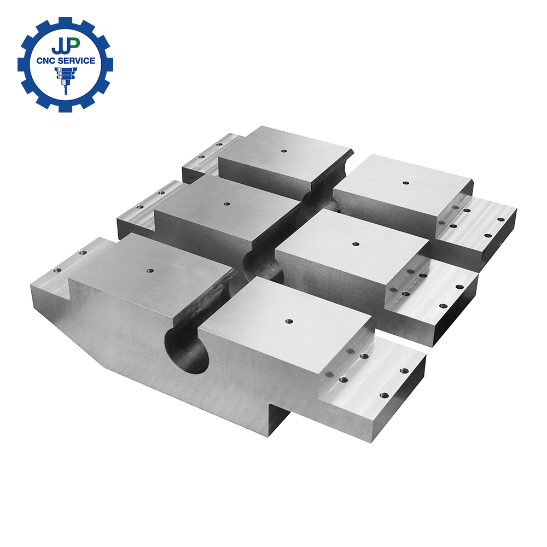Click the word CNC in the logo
[46, 61]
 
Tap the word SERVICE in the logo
[77, 61]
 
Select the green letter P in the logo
[74, 43]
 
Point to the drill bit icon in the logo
[65, 80]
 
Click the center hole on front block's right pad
[288, 321]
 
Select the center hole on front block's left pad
[150, 270]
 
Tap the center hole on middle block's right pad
[356, 244]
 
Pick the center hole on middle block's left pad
[227, 203]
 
